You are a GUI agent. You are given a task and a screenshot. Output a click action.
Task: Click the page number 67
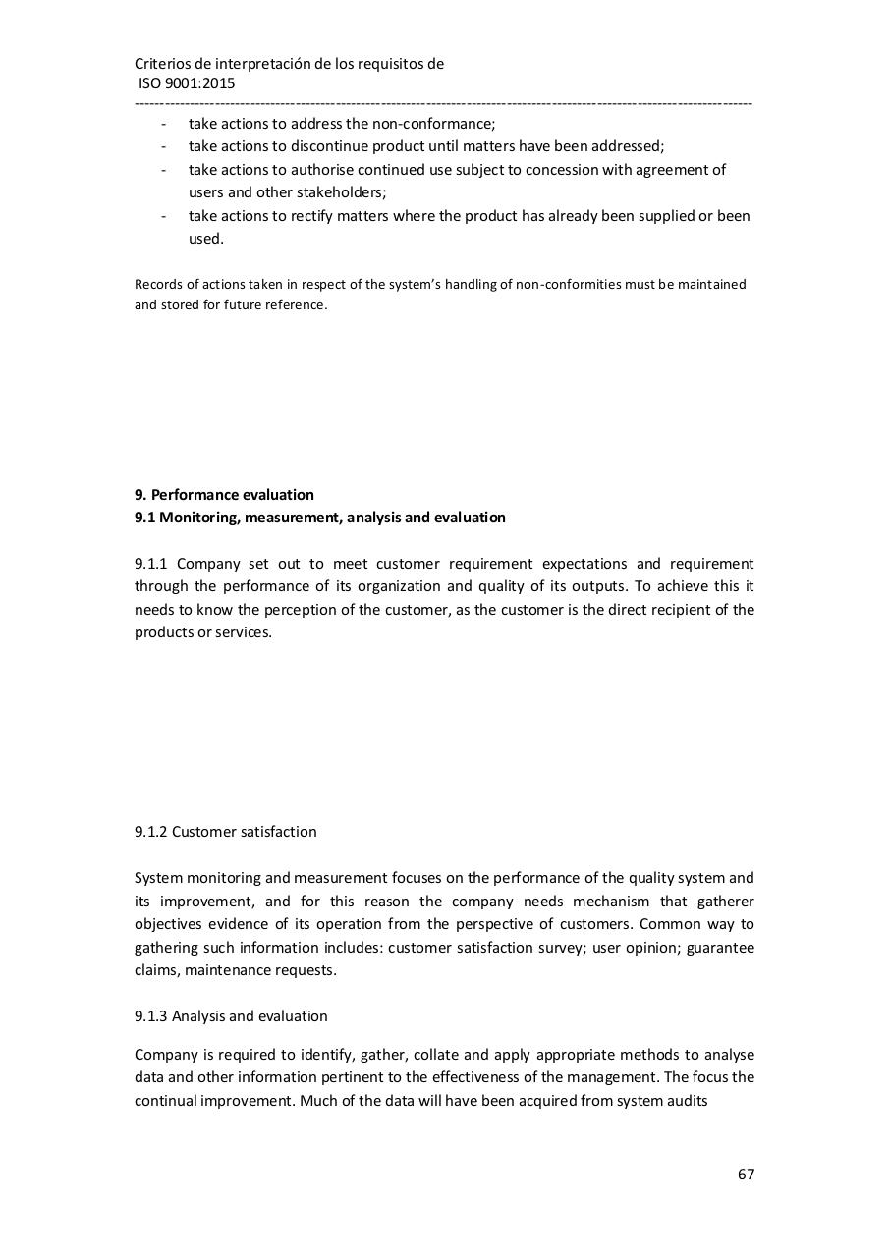pyautogui.click(x=746, y=1174)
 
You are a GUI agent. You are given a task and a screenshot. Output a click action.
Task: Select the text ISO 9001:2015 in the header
pyautogui.click(x=186, y=83)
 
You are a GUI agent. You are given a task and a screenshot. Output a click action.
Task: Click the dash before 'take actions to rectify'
pyautogui.click(x=163, y=216)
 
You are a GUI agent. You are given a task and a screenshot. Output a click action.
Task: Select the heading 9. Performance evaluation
pyautogui.click(x=224, y=494)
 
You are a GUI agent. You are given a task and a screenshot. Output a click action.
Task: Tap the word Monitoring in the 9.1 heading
pyautogui.click(x=199, y=518)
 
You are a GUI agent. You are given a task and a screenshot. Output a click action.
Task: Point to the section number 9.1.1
pyautogui.click(x=152, y=564)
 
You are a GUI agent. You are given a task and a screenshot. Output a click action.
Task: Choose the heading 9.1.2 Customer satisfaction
pyautogui.click(x=225, y=832)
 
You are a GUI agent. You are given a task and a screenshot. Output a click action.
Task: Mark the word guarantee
pyautogui.click(x=721, y=948)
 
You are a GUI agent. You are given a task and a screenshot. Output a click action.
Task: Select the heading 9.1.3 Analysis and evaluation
pyautogui.click(x=231, y=1016)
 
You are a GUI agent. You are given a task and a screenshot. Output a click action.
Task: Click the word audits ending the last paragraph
pyautogui.click(x=687, y=1101)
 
